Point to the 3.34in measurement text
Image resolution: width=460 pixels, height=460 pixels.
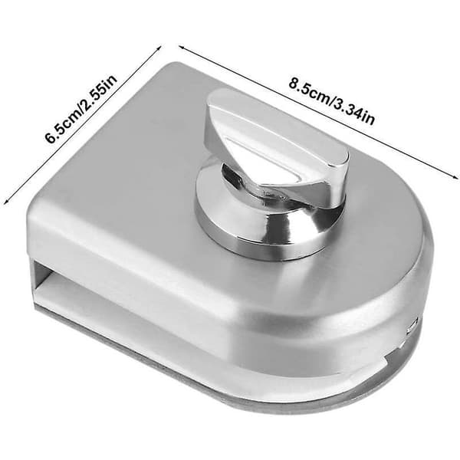pyautogui.click(x=354, y=110)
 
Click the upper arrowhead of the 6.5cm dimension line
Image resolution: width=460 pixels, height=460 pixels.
pyautogui.click(x=159, y=48)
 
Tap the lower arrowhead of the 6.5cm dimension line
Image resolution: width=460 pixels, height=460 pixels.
pyautogui.click(x=5, y=201)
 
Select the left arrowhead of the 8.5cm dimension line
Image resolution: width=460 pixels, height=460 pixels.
pyautogui.click(x=182, y=48)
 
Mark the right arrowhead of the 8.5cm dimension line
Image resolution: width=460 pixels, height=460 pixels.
pyautogui.click(x=455, y=176)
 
